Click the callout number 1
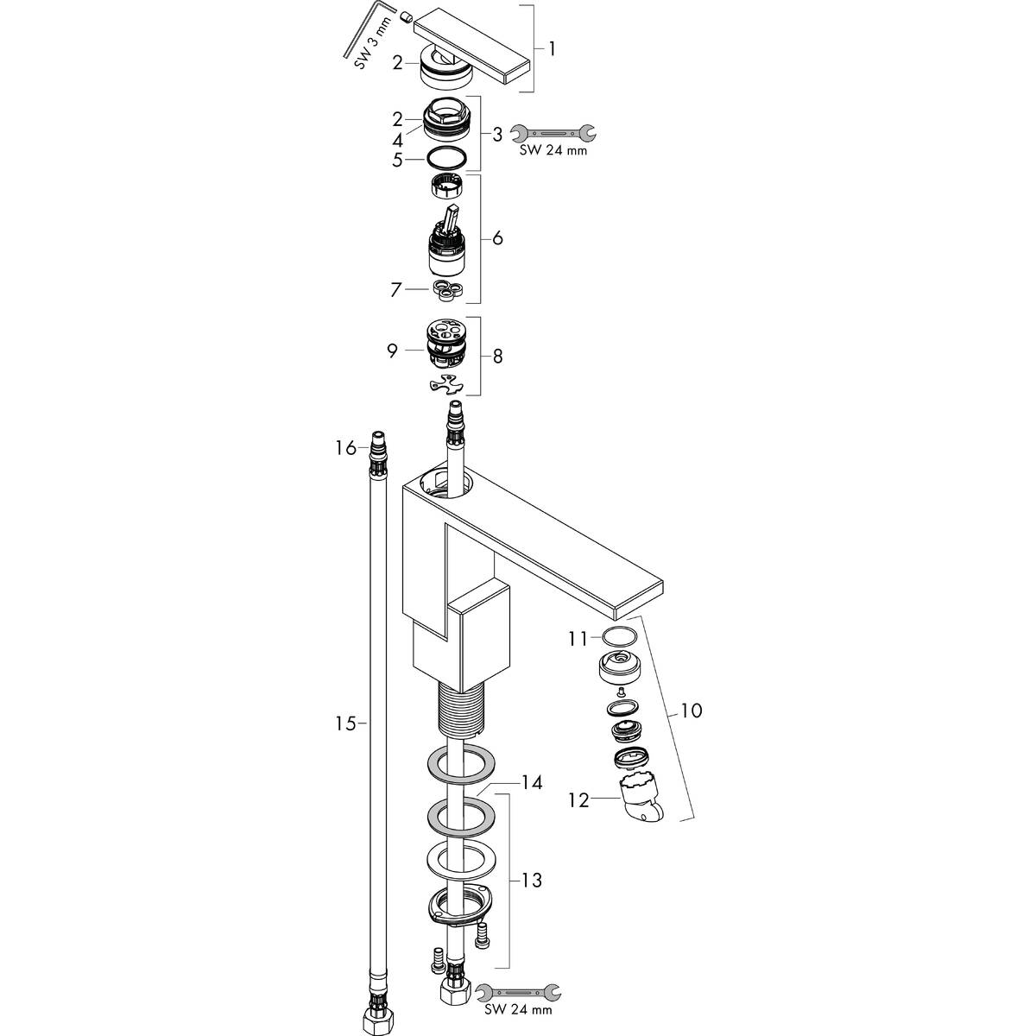pyautogui.click(x=552, y=49)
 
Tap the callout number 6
pyautogui.click(x=498, y=237)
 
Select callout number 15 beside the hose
pyautogui.click(x=346, y=723)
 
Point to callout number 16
pyautogui.click(x=346, y=448)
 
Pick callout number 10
pyautogui.click(x=692, y=711)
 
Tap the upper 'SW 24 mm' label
pyautogui.click(x=553, y=150)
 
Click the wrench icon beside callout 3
pyautogui.click(x=553, y=132)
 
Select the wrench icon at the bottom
pyautogui.click(x=518, y=990)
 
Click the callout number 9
pyautogui.click(x=392, y=351)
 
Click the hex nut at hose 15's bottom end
pyautogui.click(x=378, y=1019)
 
